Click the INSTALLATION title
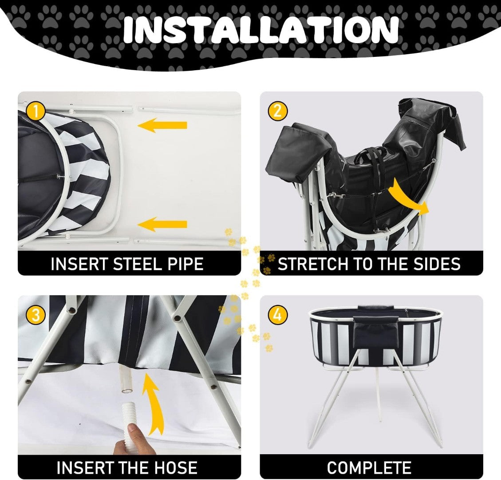coord(261,29)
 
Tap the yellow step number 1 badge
coord(36,111)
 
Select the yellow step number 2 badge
coord(278,111)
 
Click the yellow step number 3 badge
coord(36,315)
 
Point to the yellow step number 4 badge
coord(278,315)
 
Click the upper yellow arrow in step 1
coord(162,125)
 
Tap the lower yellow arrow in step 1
coord(162,224)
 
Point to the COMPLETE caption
coord(369,468)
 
